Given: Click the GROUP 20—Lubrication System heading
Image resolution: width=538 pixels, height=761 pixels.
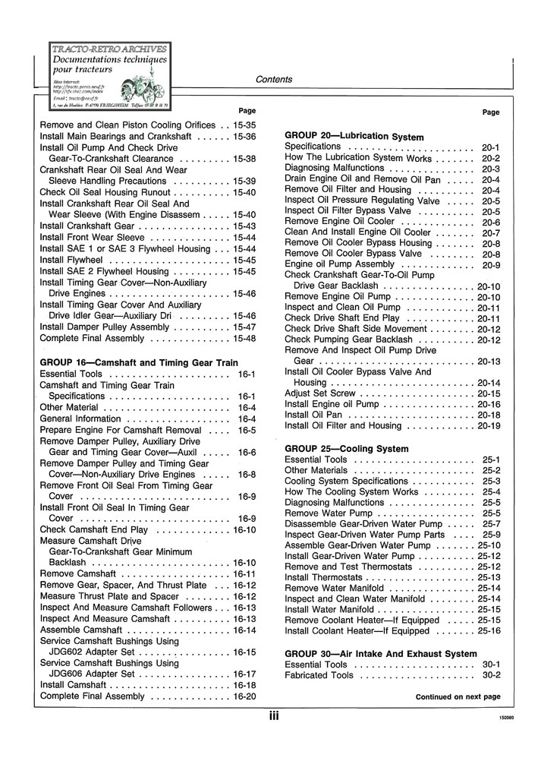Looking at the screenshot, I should coord(354,136).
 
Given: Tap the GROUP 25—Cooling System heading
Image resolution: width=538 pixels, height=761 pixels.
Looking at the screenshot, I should coord(346,449).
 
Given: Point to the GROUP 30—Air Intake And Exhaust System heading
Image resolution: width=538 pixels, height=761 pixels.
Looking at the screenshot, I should coord(392,654).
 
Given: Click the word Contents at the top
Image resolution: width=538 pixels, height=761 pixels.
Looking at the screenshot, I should coord(274,79).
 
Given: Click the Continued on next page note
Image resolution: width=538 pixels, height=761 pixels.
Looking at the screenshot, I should coord(458,696).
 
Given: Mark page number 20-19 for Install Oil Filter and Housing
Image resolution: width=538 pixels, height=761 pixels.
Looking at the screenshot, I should coord(489,426).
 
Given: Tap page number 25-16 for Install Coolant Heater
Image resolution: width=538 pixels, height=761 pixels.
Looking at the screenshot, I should coord(489,630).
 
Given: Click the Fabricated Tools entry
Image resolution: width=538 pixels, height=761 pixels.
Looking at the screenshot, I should coord(319,675).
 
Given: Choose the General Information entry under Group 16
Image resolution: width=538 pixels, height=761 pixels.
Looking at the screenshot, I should coord(80,418).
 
